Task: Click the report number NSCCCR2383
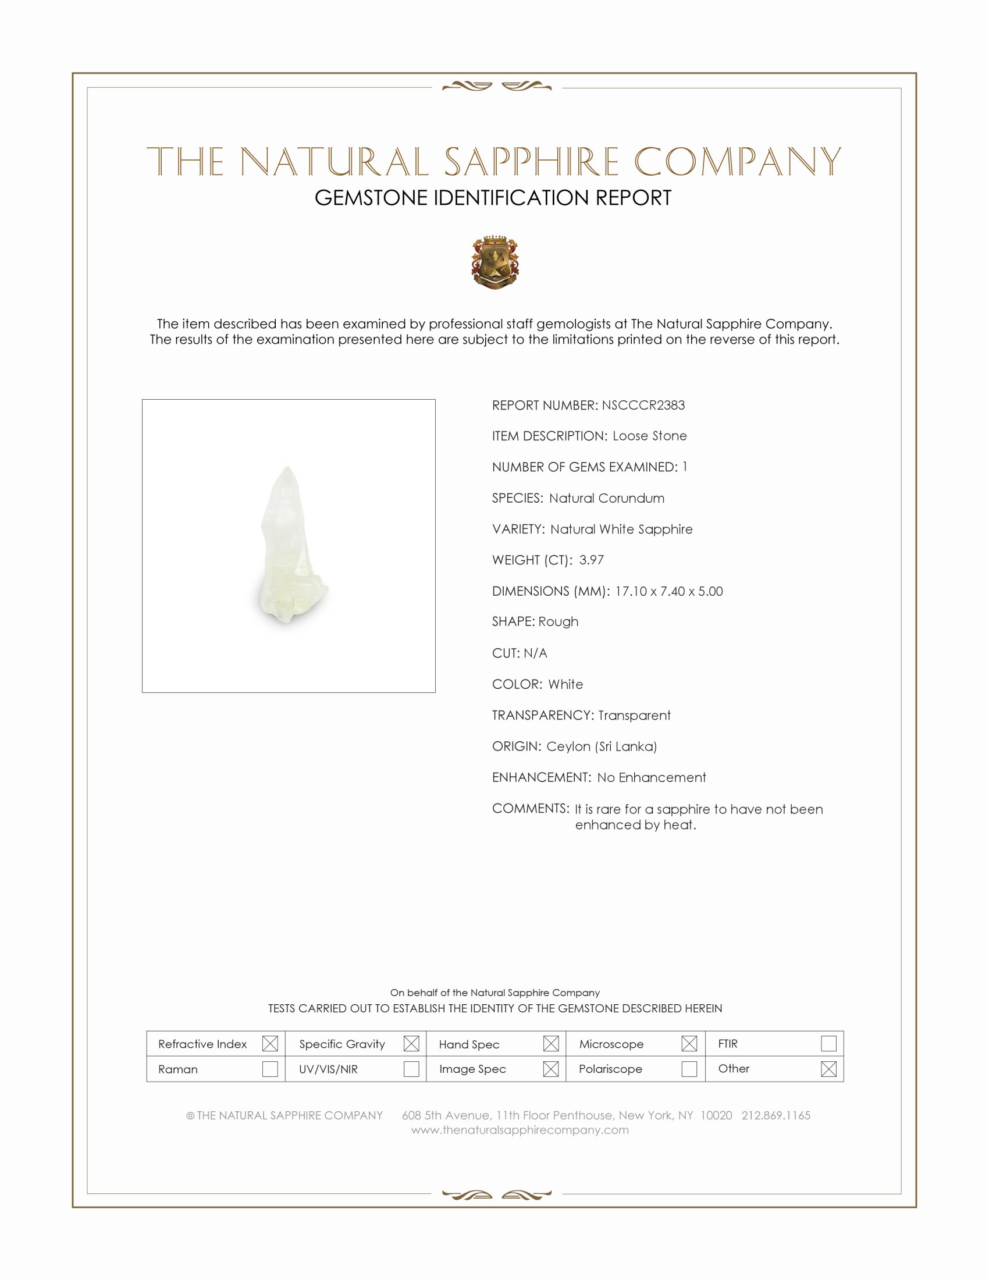coord(643,405)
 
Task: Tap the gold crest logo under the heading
coord(495,262)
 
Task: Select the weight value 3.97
coord(591,560)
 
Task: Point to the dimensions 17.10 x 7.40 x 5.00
coord(668,591)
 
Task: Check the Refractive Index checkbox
coord(270,1044)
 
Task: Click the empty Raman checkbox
coord(270,1069)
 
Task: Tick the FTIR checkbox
coord(828,1044)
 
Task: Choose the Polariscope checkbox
coord(689,1069)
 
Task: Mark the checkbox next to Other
coord(828,1069)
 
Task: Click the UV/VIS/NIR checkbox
coord(411,1069)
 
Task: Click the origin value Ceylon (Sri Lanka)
coord(601,746)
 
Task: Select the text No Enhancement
coord(651,777)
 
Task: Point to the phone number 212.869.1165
coord(775,1115)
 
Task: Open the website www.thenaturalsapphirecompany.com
coord(520,1130)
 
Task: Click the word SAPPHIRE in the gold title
coord(531,162)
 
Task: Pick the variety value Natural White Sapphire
coord(621,529)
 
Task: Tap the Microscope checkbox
coord(689,1044)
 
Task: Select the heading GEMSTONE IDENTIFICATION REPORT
coord(493,198)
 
